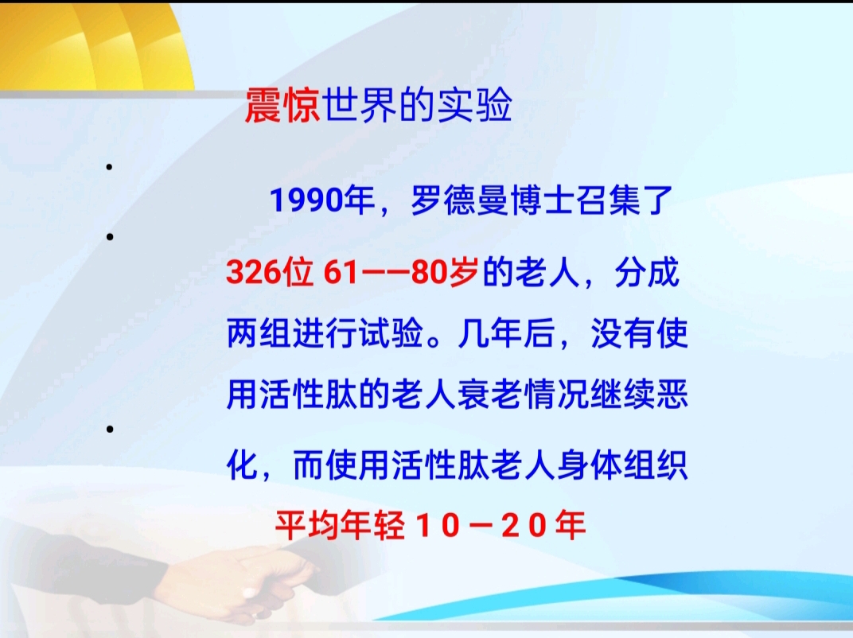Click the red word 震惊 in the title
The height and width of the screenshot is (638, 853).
coord(282,105)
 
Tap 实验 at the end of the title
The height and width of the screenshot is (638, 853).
coord(475,105)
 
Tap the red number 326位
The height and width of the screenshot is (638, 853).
coord(269,272)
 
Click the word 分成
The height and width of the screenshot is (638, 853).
coord(647,272)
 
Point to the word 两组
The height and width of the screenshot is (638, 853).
coord(259,333)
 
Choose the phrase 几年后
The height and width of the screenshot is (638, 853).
coord(505,333)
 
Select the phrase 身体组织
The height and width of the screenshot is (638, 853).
coord(621,465)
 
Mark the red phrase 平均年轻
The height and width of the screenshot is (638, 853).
coord(340,525)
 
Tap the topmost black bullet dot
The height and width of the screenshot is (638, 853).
coord(109,167)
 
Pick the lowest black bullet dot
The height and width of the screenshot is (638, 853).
coord(110,429)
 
